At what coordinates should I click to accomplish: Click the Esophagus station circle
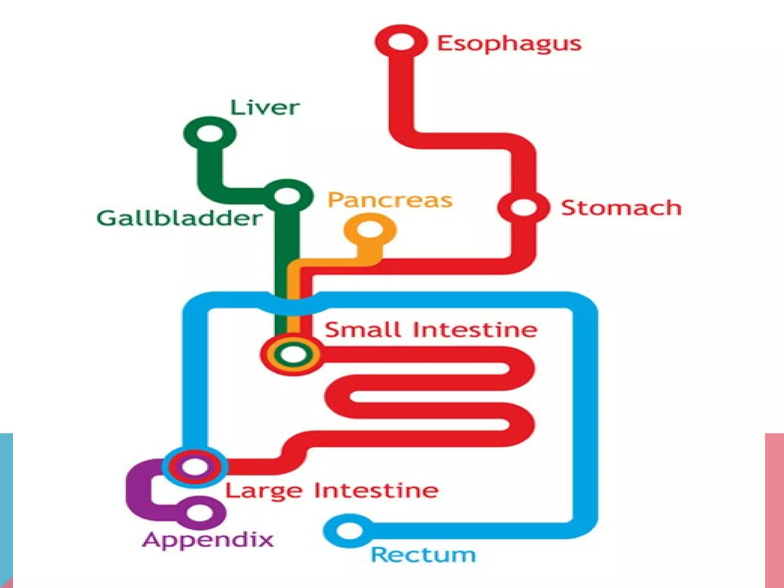401,42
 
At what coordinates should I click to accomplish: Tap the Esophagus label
509,43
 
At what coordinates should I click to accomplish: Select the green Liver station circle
209,134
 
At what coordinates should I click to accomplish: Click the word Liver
265,108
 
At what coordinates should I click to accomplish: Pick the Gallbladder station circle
287,197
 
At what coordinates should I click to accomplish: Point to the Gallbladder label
179,219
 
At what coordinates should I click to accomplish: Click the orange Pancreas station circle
370,230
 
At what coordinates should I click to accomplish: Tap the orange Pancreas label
390,200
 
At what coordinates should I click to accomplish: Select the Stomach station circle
523,207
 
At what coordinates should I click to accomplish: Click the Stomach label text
621,208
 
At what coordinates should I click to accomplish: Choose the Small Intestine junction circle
292,354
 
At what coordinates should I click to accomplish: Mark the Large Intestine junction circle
195,467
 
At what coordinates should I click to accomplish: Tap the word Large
264,491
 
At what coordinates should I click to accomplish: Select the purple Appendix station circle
199,512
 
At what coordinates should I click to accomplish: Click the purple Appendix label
208,540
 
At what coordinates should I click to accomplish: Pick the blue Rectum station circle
349,531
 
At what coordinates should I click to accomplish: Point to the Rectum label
423,555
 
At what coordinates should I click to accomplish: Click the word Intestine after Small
475,330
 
